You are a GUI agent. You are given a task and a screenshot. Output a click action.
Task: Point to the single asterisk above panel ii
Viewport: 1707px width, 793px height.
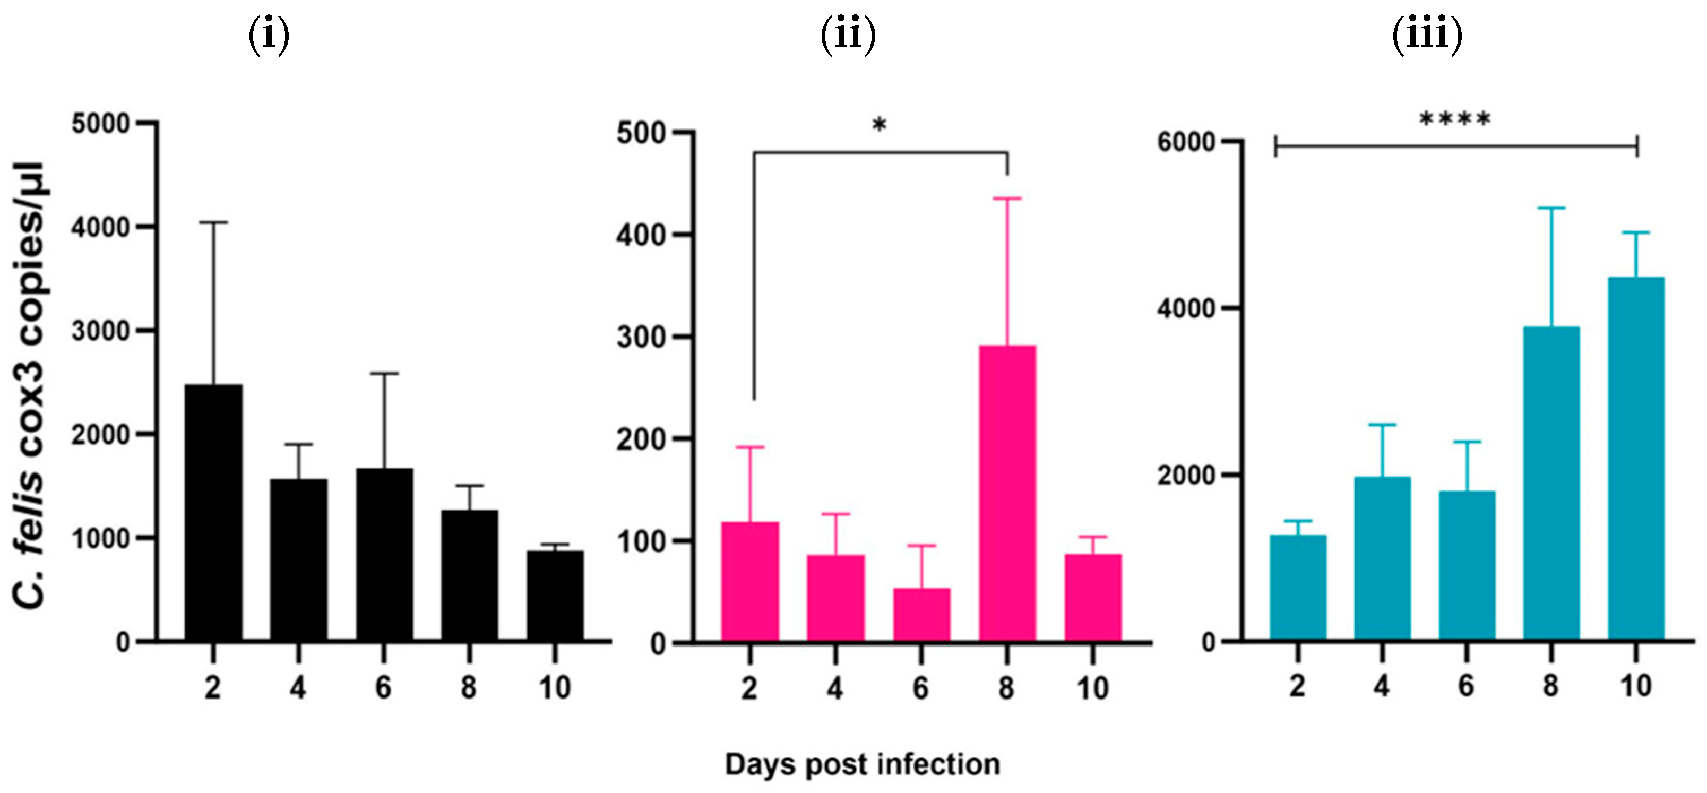click(x=880, y=125)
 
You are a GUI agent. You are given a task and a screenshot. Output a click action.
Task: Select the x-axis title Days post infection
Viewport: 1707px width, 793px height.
click(x=862, y=764)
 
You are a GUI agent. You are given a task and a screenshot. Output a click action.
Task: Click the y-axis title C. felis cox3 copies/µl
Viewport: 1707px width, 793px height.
click(x=30, y=384)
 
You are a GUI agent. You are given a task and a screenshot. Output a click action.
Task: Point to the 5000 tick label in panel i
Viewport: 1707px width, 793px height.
click(x=100, y=124)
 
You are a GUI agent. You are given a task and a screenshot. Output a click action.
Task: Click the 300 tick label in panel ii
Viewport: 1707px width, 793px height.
click(x=641, y=337)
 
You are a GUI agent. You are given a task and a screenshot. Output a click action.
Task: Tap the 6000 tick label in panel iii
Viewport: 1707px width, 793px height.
click(x=1185, y=142)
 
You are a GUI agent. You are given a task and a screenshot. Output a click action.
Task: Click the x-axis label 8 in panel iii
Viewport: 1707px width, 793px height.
click(x=1550, y=686)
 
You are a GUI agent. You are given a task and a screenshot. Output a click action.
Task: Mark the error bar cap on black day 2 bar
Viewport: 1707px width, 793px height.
click(x=213, y=222)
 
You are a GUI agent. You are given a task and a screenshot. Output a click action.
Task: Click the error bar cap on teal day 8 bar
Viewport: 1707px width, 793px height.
click(x=1551, y=208)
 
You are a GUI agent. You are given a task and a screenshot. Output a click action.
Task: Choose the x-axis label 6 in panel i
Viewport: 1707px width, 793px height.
click(x=384, y=688)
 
